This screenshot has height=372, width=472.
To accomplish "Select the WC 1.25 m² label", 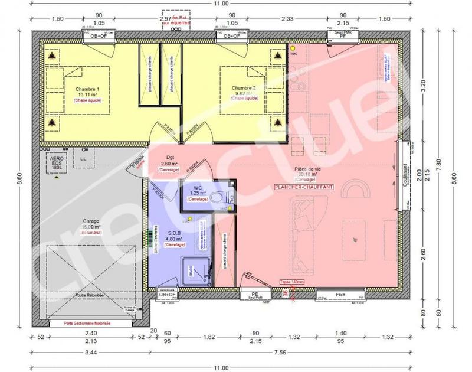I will (198, 191).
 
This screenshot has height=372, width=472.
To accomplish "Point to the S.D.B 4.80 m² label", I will (175, 235).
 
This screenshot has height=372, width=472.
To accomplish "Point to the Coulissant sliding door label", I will (405, 175).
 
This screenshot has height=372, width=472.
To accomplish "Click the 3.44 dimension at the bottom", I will (90, 353).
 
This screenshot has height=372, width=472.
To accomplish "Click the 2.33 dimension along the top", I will (289, 19).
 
